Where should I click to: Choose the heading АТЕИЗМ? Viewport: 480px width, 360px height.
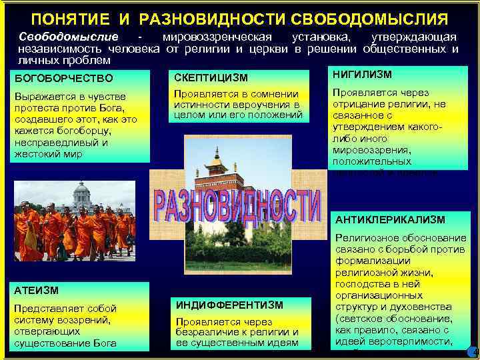click(x=37, y=290)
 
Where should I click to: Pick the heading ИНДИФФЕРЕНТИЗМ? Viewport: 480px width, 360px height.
click(x=229, y=305)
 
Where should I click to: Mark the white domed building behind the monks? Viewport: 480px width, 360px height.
click(x=82, y=196)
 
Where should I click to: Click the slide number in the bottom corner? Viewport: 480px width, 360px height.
click(x=475, y=351)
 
